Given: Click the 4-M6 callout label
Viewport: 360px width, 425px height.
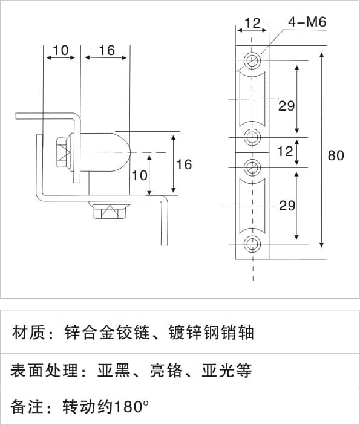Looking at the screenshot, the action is [x=307, y=22].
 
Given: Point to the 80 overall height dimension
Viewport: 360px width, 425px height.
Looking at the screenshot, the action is [x=336, y=155].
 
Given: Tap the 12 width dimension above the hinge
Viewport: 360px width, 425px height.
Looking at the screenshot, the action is [x=252, y=23].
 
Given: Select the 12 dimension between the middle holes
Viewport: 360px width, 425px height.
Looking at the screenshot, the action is [x=286, y=151].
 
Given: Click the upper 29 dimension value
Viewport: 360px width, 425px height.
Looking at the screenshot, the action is [x=286, y=105].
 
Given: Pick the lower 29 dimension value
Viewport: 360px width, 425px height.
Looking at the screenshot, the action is [x=287, y=206].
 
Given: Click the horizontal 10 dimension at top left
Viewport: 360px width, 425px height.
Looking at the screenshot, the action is [x=61, y=50].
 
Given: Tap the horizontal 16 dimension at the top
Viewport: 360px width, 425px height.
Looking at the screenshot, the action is [x=106, y=50].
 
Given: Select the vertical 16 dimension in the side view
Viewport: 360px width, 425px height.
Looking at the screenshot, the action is [x=184, y=164].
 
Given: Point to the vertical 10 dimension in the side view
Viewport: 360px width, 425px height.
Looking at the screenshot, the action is [x=139, y=175].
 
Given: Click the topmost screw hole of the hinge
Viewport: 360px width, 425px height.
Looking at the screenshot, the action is [x=252, y=60].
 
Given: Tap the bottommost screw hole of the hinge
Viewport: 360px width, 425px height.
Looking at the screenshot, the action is [x=252, y=244].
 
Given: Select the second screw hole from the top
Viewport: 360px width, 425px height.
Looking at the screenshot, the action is [x=252, y=137].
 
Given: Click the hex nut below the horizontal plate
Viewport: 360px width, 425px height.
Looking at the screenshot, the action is [x=111, y=209].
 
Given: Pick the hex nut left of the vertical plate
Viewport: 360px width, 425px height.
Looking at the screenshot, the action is [x=65, y=152].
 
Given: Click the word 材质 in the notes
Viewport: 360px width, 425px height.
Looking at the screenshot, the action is [x=28, y=333].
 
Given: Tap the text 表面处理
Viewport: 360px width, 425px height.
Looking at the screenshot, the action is [x=44, y=370].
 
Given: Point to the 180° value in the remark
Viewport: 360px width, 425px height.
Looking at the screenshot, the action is [x=131, y=407].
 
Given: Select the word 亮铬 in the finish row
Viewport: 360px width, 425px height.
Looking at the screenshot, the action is [x=166, y=370].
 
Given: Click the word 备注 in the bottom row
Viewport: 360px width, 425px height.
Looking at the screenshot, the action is [x=27, y=407].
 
